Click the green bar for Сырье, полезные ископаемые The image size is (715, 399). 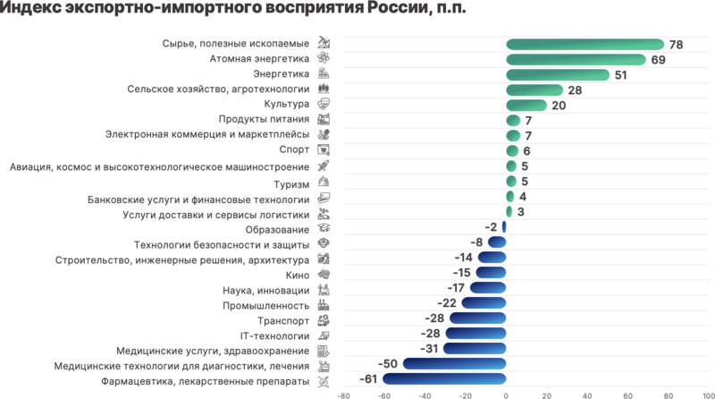pyautogui.click(x=585, y=45)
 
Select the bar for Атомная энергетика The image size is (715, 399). pyautogui.click(x=576, y=60)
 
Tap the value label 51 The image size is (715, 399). pyautogui.click(x=621, y=75)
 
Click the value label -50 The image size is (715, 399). pyautogui.click(x=388, y=365)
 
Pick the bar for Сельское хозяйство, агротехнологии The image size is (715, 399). pyautogui.click(x=534, y=90)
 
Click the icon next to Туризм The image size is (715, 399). pyautogui.click(x=324, y=183)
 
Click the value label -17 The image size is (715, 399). pyautogui.click(x=455, y=289)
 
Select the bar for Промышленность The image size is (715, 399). pyautogui.click(x=484, y=304)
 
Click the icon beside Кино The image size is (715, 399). pyautogui.click(x=324, y=274)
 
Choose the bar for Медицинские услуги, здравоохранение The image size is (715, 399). pyautogui.click(x=475, y=350)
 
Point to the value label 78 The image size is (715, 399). pyautogui.click(x=677, y=45)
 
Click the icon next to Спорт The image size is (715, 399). pyautogui.click(x=324, y=151)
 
